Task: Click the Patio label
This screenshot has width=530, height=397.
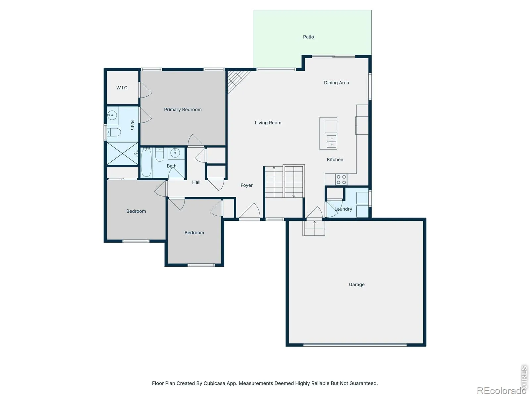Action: coord(308,37)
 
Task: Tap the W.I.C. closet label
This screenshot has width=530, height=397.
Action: coord(123,88)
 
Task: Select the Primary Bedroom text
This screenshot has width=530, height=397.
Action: coord(183,110)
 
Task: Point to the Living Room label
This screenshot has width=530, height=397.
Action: coord(268,123)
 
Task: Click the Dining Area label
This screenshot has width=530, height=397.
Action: coord(336,83)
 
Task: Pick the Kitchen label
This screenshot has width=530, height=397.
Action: coord(335,159)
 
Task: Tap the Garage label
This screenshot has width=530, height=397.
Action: coord(357,285)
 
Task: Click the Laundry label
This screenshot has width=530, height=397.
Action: coord(343,209)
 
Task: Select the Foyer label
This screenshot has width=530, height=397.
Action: coord(246,185)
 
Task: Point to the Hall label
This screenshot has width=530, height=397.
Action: coord(196,182)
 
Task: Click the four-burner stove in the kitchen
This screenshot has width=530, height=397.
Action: coord(341,180)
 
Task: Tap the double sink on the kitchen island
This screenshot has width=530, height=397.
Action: coord(331,142)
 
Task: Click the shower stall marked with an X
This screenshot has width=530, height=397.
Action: coord(123,154)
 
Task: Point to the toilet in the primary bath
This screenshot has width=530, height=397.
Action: coord(114,132)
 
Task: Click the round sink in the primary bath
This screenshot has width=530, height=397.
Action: coord(112,115)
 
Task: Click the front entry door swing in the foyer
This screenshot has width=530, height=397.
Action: coord(249,211)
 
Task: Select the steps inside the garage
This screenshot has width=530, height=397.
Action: coord(314,228)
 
